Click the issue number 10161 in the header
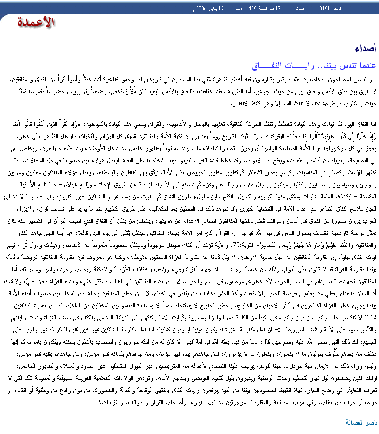pyautogui.click(x=323, y=9)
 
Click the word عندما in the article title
pyautogui.click(x=366, y=66)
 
